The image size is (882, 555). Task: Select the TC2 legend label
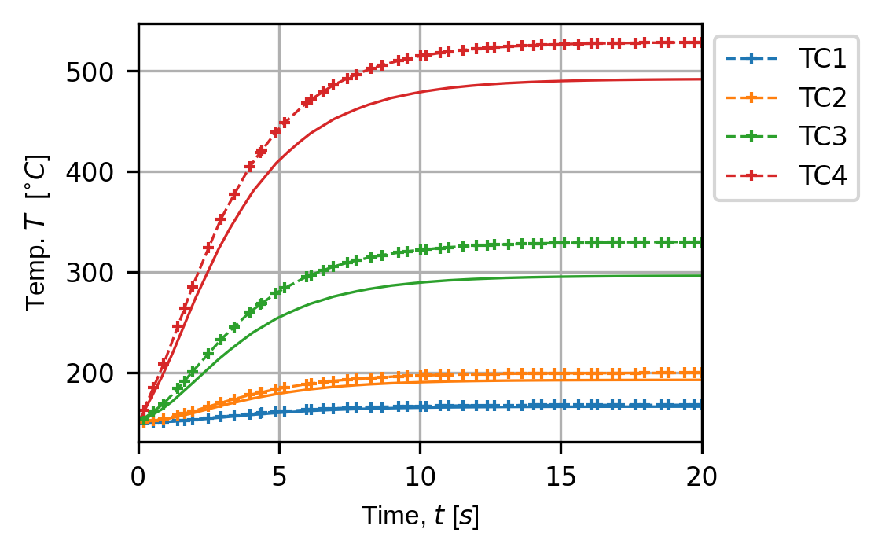(822, 97)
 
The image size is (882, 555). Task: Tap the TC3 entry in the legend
(822, 137)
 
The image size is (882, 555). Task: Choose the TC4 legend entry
(822, 176)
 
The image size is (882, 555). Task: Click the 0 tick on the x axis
(139, 476)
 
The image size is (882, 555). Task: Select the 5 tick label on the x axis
(279, 476)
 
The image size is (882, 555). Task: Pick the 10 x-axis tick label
(420, 476)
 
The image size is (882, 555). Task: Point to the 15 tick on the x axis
(560, 476)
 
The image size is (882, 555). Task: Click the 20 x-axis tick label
(701, 476)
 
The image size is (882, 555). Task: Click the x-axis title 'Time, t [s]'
(420, 516)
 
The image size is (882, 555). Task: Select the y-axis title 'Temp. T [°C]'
(37, 233)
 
